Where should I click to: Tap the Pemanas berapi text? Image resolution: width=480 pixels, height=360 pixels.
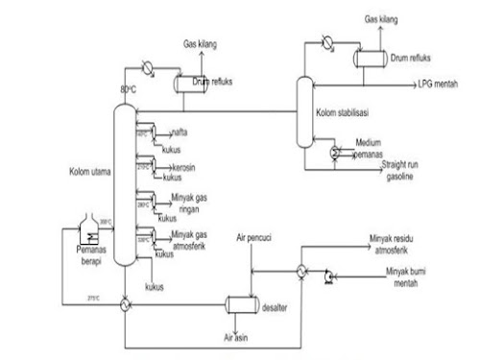tap(98, 252)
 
